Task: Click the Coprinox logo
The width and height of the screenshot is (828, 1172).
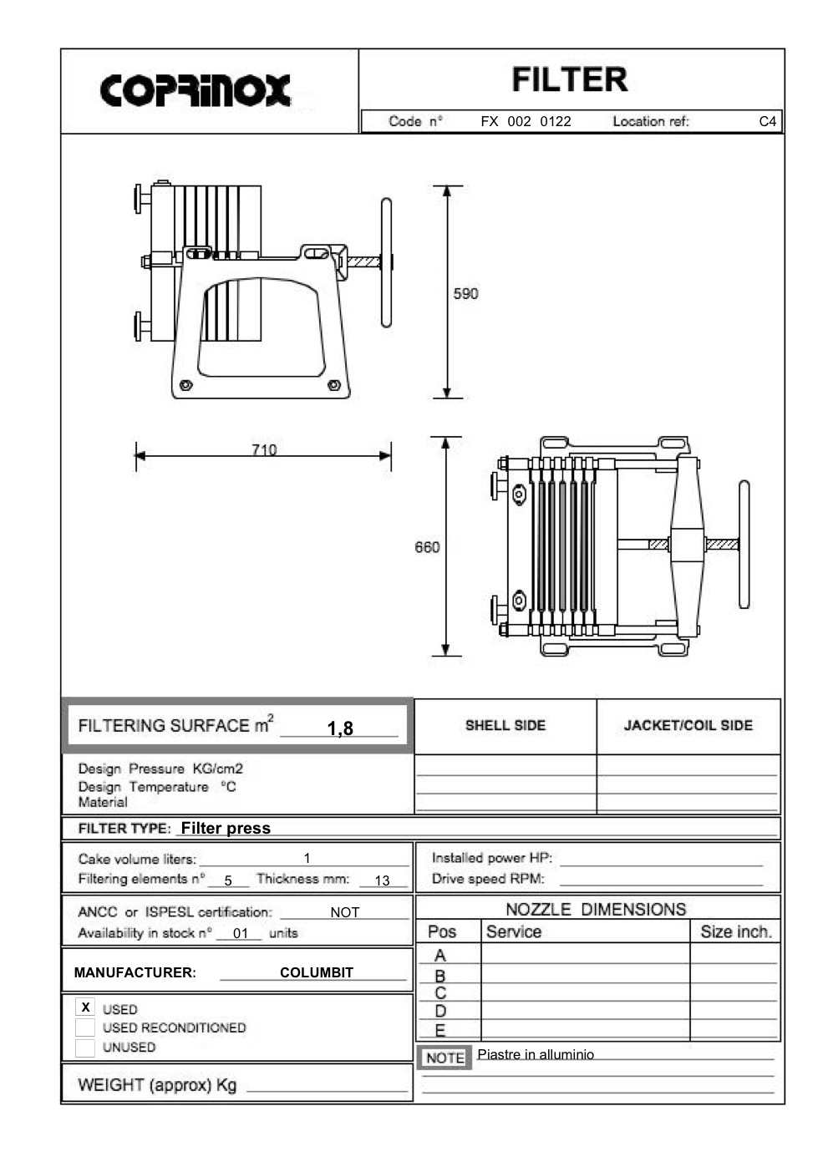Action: click(196, 90)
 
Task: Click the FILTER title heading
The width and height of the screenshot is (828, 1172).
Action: click(570, 80)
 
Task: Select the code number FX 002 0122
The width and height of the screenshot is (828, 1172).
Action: click(526, 121)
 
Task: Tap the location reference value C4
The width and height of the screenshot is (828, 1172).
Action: click(767, 121)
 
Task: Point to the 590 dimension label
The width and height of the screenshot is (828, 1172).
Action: click(465, 293)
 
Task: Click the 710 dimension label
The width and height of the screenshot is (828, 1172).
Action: click(264, 449)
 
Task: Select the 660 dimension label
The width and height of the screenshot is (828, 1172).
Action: click(427, 547)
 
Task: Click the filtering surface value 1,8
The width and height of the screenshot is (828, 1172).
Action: click(340, 728)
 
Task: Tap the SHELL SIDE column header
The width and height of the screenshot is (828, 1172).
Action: click(505, 725)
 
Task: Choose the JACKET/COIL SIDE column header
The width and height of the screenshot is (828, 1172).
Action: click(688, 725)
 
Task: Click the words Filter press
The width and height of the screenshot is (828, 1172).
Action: click(226, 828)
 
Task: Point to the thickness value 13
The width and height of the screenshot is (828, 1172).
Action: click(382, 880)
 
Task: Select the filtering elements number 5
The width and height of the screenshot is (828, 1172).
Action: click(228, 880)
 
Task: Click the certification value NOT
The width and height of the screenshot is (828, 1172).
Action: click(344, 912)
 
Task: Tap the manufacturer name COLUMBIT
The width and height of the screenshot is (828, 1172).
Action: click(316, 972)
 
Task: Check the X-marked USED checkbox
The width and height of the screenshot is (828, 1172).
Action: click(85, 1007)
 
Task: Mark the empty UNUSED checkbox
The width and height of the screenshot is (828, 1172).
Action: click(85, 1048)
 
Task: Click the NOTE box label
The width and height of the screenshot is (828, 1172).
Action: click(444, 1058)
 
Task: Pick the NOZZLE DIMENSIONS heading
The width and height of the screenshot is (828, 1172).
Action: click(596, 909)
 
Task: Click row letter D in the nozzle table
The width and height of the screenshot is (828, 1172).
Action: click(440, 1011)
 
